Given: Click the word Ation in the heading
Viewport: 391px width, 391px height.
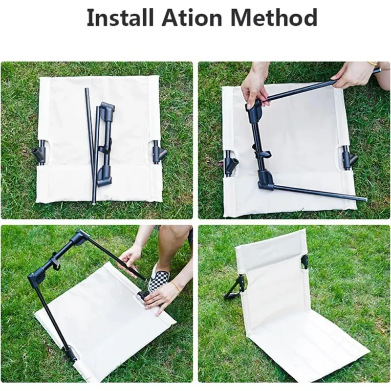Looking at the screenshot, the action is click(192, 18).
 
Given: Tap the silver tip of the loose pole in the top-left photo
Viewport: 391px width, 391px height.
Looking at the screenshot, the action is click(94, 203).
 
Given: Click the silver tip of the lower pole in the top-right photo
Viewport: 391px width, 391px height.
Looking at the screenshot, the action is click(364, 199).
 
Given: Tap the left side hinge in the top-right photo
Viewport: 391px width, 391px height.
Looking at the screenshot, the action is click(230, 163).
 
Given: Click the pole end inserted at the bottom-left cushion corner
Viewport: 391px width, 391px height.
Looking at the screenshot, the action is click(71, 354).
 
